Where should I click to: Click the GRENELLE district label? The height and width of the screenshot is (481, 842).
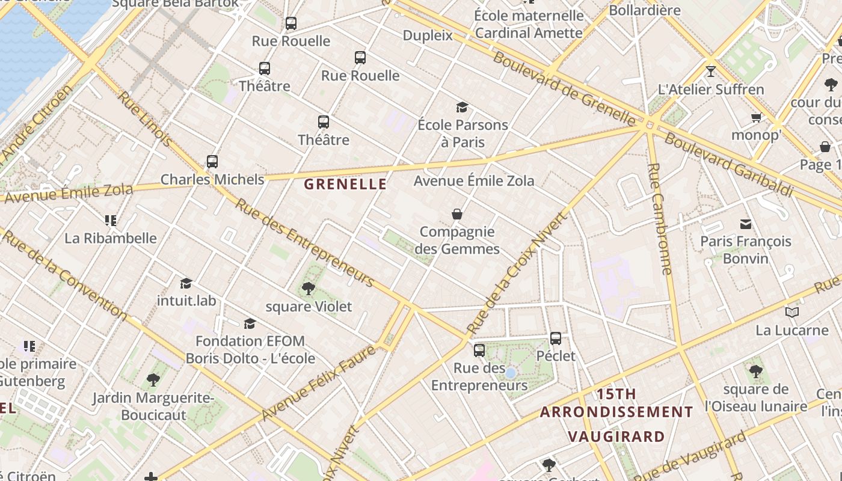(345, 184)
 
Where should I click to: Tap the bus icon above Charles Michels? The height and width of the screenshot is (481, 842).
(212, 162)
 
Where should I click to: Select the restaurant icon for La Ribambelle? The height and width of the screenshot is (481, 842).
(110, 221)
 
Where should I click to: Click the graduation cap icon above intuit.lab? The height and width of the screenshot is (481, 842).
(186, 283)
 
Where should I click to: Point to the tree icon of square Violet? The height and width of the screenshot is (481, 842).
(309, 289)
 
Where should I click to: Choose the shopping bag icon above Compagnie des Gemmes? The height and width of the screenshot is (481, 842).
(457, 214)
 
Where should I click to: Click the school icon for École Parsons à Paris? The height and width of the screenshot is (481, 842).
(462, 107)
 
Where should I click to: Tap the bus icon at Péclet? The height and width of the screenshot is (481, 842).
(556, 338)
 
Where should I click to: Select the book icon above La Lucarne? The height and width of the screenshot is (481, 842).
(792, 312)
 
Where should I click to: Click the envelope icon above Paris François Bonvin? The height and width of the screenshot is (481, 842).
(746, 224)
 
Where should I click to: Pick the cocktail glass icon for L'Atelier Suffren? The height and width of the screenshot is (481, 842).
(711, 72)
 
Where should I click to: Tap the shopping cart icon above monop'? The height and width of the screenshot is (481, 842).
(756, 117)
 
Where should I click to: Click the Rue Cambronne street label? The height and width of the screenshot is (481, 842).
(660, 219)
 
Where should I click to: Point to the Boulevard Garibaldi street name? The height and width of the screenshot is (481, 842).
(728, 164)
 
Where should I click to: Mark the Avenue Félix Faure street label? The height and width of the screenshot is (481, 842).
(319, 383)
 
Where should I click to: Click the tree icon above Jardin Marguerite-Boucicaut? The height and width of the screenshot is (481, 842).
(153, 380)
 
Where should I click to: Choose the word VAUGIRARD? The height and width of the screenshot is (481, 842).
(616, 436)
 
